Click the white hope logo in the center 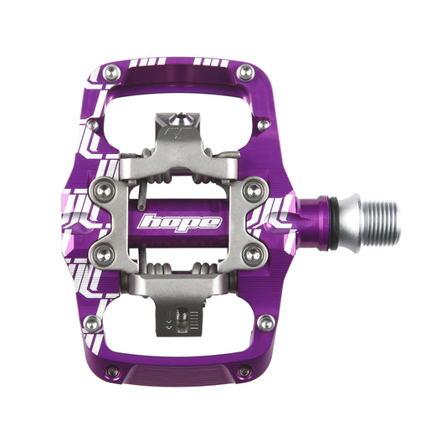click(x=181, y=223)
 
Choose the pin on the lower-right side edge click(x=266, y=322)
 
